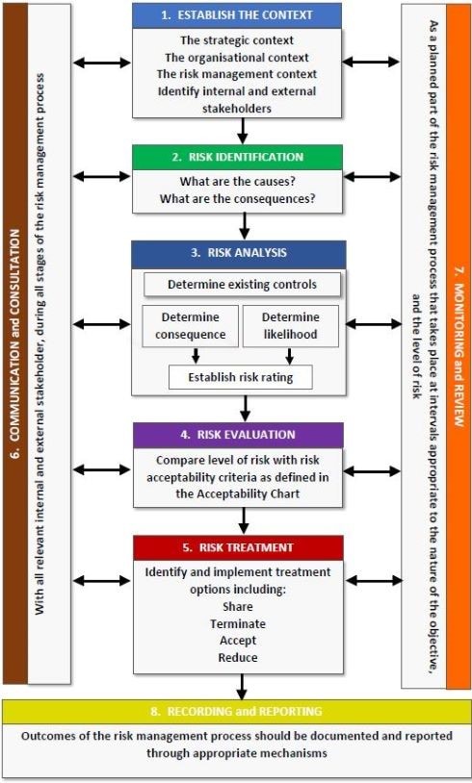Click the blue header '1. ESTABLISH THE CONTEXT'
point(237,15)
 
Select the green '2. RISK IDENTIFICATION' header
point(238,158)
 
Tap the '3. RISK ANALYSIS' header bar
point(239,254)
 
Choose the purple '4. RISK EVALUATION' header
point(238,435)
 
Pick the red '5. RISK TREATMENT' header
point(238,547)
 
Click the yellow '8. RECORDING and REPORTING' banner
point(236,711)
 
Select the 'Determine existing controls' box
point(242,285)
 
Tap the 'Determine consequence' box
point(191,326)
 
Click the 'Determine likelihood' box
point(291,326)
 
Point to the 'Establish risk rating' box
point(241,377)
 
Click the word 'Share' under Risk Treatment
point(238,607)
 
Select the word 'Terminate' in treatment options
point(238,623)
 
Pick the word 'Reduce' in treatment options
point(238,657)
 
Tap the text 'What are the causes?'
point(237,182)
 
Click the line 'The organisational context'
point(237,58)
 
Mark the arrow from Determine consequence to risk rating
point(196,356)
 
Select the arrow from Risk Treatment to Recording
point(242,687)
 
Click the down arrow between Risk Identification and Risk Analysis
point(244,226)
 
